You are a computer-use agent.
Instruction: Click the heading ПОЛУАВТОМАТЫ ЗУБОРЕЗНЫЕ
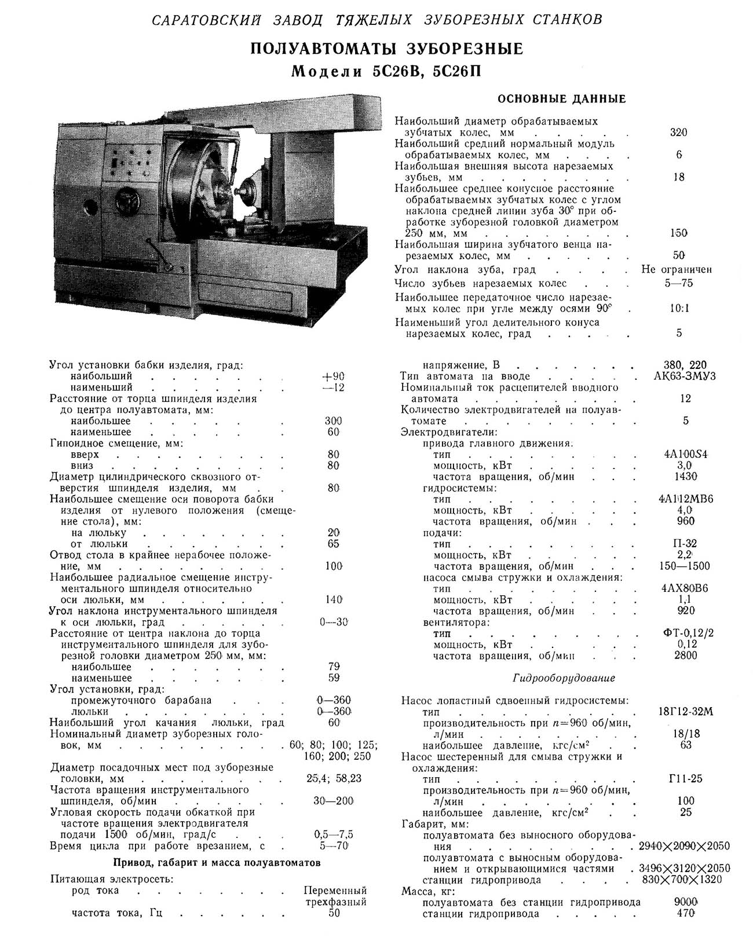click(x=386, y=49)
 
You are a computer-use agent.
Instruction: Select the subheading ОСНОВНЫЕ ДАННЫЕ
click(x=561, y=99)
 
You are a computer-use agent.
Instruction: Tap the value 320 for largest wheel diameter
click(x=678, y=133)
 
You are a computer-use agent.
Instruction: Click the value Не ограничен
click(x=677, y=269)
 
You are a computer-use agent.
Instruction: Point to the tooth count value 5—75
click(x=679, y=283)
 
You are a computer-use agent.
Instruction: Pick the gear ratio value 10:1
click(x=679, y=309)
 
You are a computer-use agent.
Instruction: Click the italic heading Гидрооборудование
click(x=564, y=678)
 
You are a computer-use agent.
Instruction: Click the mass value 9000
click(x=686, y=902)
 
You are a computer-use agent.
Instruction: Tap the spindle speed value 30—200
click(x=333, y=801)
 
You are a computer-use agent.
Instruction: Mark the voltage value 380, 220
click(x=685, y=365)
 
